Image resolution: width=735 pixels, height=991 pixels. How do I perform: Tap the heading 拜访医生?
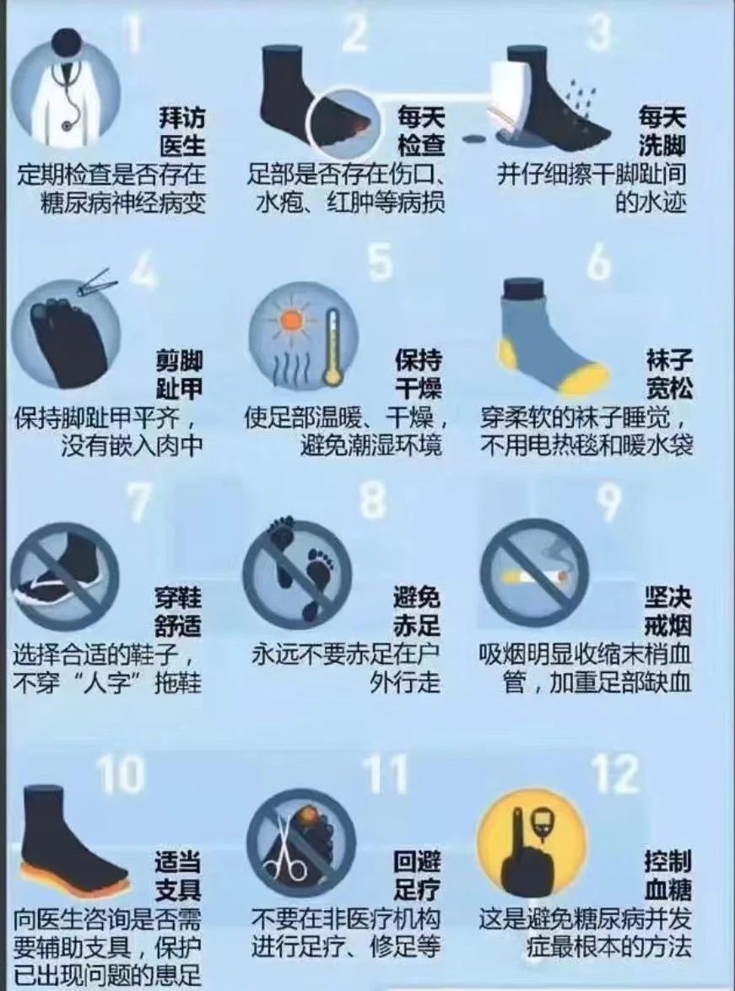pyautogui.click(x=182, y=132)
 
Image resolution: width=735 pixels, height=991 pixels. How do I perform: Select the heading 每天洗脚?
pyautogui.click(x=662, y=132)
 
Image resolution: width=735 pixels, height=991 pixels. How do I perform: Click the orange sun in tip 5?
pyautogui.click(x=292, y=319)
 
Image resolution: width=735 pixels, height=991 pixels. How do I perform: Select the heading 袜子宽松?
pyautogui.click(x=668, y=374)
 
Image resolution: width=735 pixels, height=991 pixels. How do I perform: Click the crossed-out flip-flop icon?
pyautogui.click(x=64, y=576)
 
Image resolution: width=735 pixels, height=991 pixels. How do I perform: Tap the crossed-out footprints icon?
pyautogui.click(x=297, y=574)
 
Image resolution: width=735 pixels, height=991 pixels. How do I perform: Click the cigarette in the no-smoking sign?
pyautogui.click(x=536, y=576)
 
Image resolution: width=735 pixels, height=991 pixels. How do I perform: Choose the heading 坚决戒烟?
pyautogui.click(x=668, y=611)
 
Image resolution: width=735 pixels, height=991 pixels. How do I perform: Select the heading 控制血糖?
pyautogui.click(x=668, y=876)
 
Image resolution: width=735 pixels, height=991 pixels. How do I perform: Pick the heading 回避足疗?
pyautogui.click(x=416, y=876)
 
